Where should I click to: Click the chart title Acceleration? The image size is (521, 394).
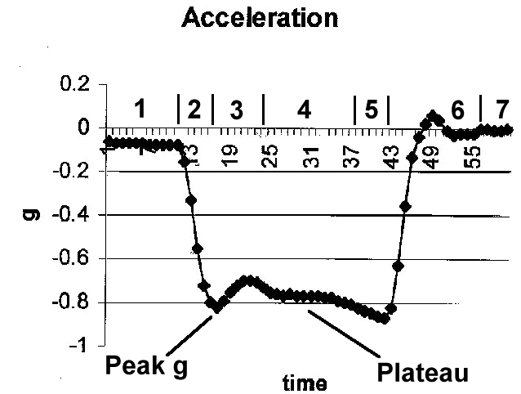[x=260, y=17]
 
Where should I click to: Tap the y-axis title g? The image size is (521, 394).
[x=31, y=214]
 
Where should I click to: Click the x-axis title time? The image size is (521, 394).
[x=305, y=382]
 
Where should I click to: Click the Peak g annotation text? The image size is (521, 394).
[x=147, y=366]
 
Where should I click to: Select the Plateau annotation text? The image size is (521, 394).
[x=422, y=373]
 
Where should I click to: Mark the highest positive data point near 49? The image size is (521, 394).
[x=433, y=116]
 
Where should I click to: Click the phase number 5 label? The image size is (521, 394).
[x=372, y=110]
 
